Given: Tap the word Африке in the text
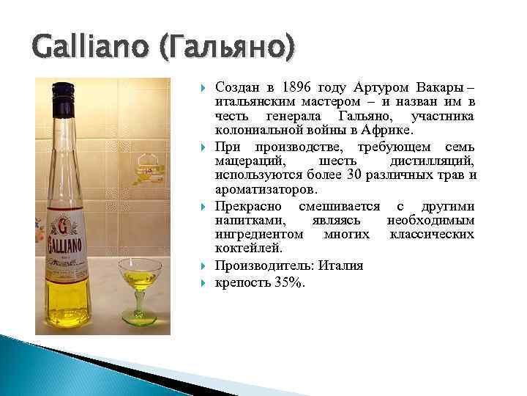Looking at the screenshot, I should pos(389,131).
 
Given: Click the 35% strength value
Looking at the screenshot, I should pos(287,282).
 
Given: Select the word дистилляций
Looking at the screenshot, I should pos(433,161).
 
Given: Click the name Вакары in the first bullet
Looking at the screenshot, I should pos(441,87).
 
